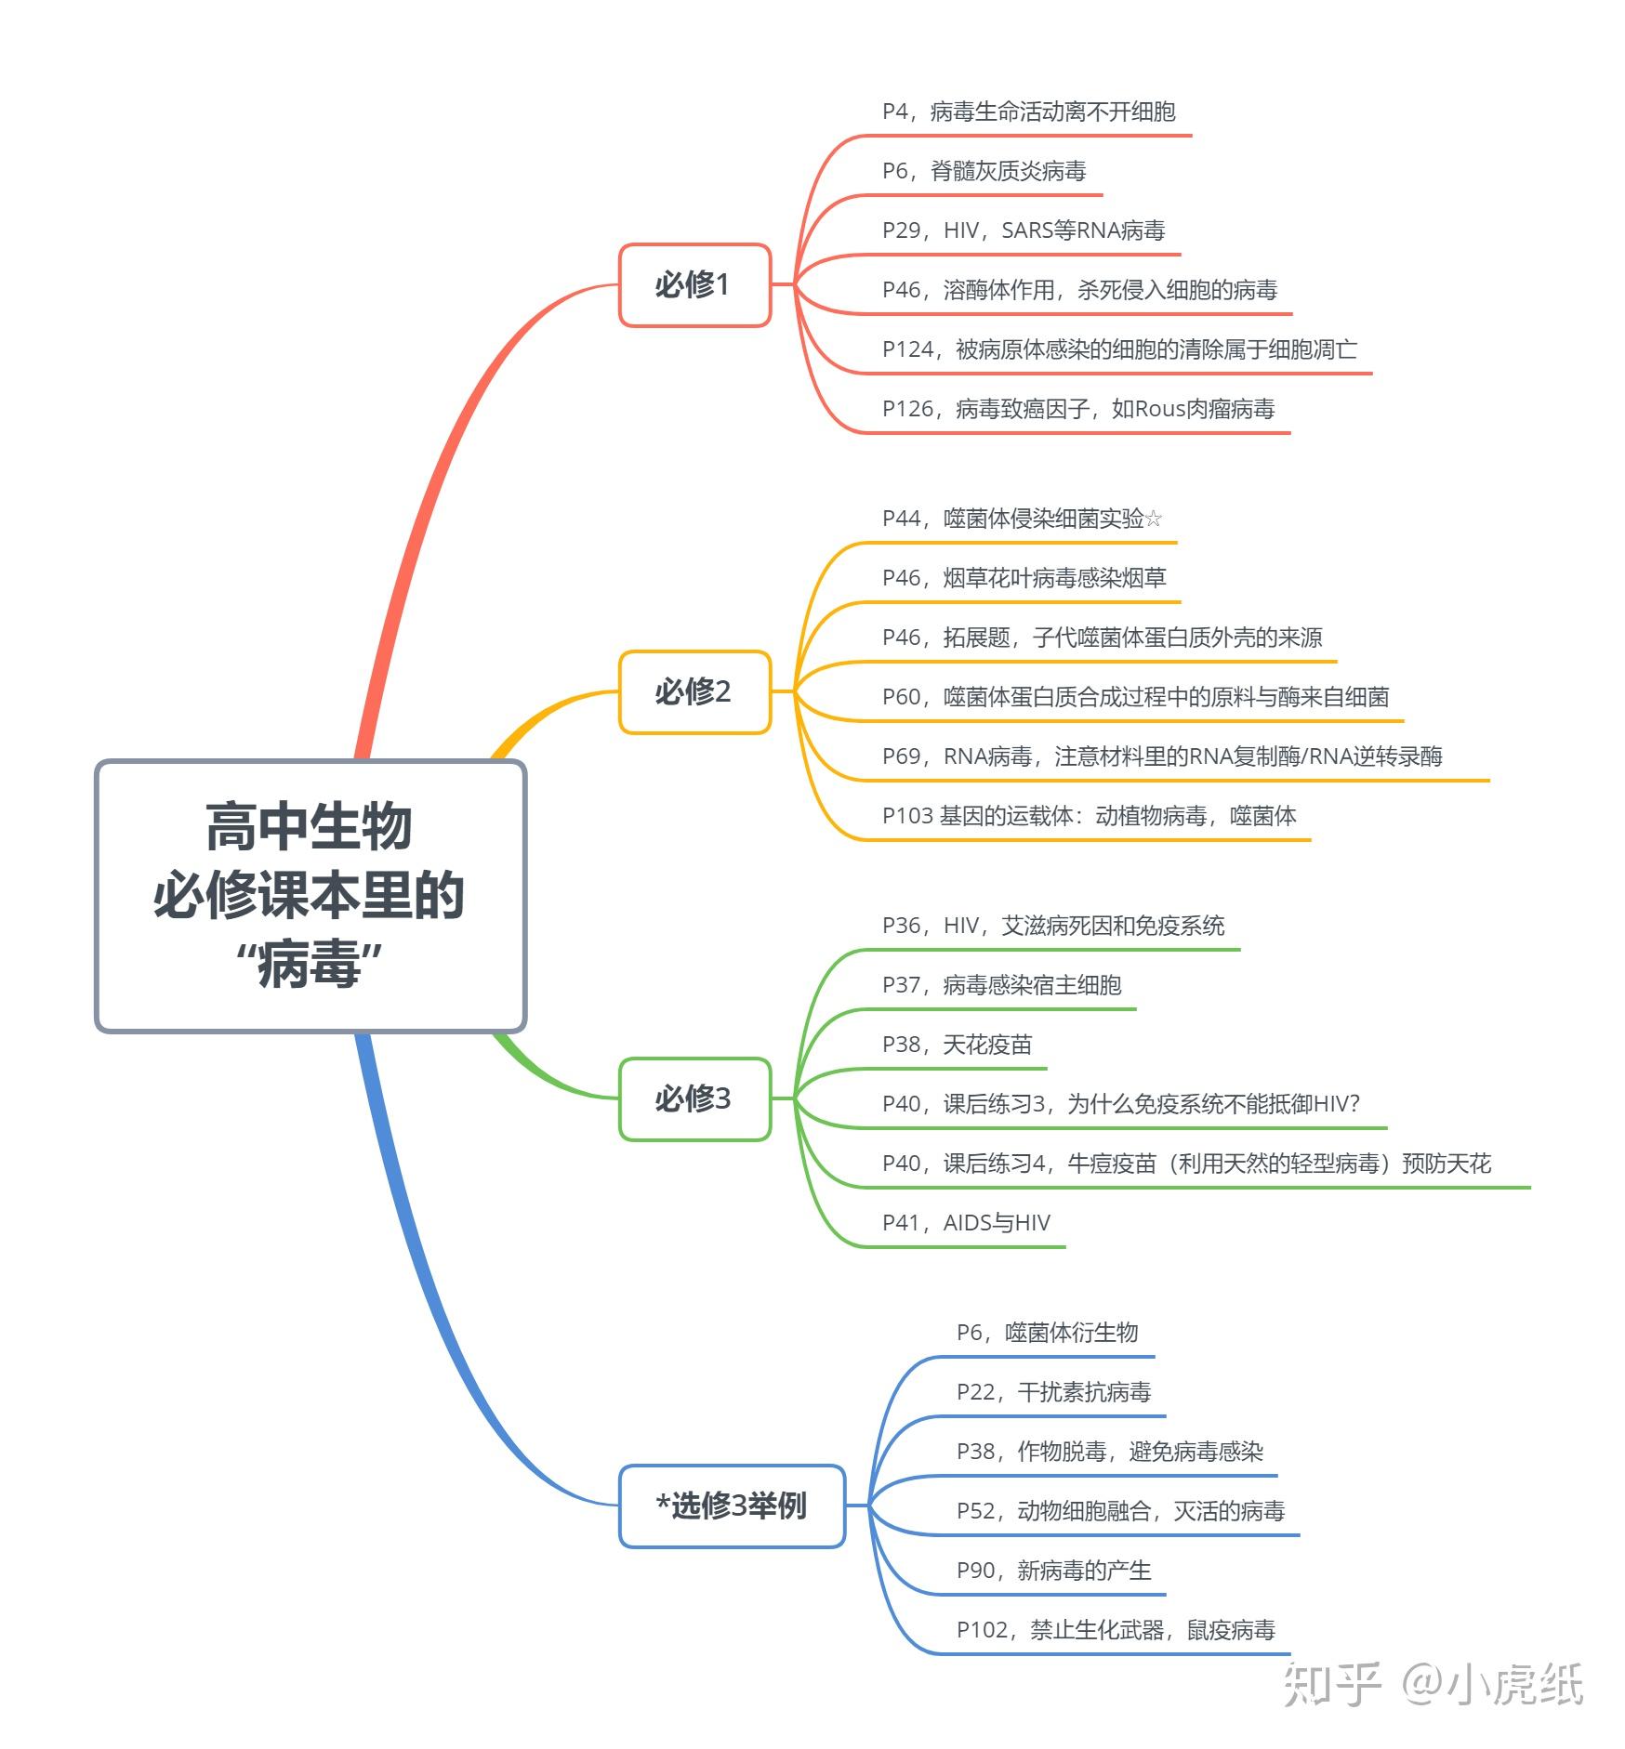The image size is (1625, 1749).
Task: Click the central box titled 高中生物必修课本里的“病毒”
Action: pyautogui.click(x=310, y=896)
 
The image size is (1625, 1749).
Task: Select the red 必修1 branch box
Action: pyautogui.click(x=694, y=285)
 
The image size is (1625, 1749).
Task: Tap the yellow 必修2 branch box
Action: pyautogui.click(x=694, y=692)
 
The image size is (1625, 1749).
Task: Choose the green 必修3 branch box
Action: pyautogui.click(x=694, y=1099)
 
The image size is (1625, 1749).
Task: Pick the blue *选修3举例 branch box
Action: pyautogui.click(x=732, y=1506)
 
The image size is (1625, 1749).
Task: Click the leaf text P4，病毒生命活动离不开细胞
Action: pyautogui.click(x=1028, y=112)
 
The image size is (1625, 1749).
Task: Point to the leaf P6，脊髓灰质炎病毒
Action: pyautogui.click(x=984, y=172)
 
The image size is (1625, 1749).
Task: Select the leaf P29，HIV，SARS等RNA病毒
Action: pyautogui.click(x=1023, y=231)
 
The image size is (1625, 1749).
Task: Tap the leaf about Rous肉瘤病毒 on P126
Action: pyautogui.click(x=1078, y=410)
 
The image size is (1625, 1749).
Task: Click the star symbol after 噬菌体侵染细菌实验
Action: pyautogui.click(x=1154, y=519)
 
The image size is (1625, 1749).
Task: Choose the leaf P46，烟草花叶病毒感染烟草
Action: pyautogui.click(x=1024, y=579)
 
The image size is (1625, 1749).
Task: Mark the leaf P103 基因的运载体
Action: pyautogui.click(x=1089, y=817)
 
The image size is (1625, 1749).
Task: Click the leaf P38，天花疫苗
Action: pyautogui.click(x=957, y=1045)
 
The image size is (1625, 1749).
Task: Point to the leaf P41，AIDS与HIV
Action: pyautogui.click(x=966, y=1224)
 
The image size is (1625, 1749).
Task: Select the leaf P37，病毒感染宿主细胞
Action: pyautogui.click(x=1001, y=986)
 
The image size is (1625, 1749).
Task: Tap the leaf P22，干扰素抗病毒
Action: pyautogui.click(x=1053, y=1393)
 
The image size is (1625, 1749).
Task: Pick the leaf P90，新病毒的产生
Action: pyautogui.click(x=1053, y=1571)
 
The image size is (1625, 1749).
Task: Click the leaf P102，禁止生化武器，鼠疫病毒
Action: pyautogui.click(x=1116, y=1631)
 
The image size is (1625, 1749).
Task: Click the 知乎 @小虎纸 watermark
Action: pyautogui.click(x=1433, y=1684)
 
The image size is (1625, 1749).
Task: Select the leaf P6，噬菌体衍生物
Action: pyautogui.click(x=1047, y=1334)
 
